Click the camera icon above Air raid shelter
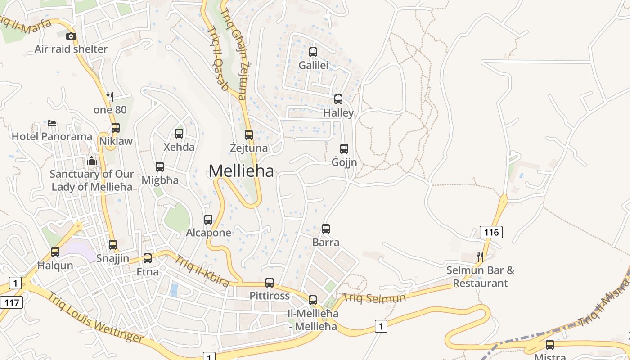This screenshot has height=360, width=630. (71, 36)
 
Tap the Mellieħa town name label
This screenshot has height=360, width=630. (241, 171)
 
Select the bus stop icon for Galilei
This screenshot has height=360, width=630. (313, 52)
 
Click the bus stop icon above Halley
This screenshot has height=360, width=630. (338, 99)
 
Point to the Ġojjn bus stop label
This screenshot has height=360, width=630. (344, 162)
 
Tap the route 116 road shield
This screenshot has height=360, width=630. (491, 232)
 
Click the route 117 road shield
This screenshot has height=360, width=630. (11, 302)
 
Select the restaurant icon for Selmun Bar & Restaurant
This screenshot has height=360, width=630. (480, 257)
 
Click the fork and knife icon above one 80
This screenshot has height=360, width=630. (109, 96)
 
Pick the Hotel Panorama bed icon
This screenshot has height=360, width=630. (52, 123)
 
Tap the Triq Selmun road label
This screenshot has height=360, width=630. (374, 298)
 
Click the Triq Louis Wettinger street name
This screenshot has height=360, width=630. (96, 318)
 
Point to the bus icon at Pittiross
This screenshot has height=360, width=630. (270, 283)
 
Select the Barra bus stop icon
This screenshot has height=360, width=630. (326, 229)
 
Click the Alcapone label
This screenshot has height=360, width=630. (209, 233)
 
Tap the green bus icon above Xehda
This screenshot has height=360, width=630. (179, 134)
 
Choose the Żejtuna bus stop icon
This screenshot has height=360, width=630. (249, 135)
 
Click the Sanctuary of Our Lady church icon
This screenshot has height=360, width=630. (92, 161)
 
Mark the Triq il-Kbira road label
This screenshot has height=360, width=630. (202, 270)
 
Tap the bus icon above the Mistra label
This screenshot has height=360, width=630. (550, 345)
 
